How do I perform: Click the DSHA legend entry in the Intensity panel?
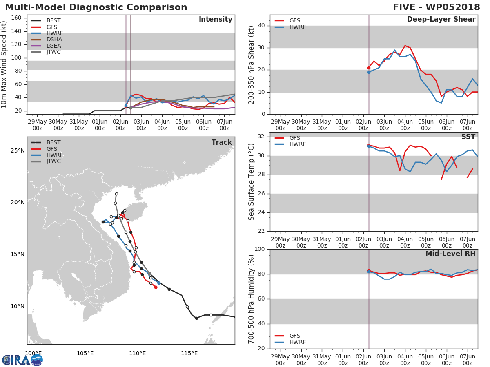pyautogui.click(x=47, y=40)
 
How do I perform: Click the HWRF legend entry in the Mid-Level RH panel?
pyautogui.click(x=290, y=342)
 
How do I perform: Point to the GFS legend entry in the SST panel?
pyautogui.click(x=287, y=138)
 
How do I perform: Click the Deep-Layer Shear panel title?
pyautogui.click(x=441, y=20)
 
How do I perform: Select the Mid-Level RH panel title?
pyautogui.click(x=450, y=254)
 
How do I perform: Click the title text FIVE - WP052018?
pyautogui.click(x=436, y=7)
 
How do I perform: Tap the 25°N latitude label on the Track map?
pyautogui.click(x=18, y=150)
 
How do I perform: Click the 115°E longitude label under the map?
pyautogui.click(x=189, y=353)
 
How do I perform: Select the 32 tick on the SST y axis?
pyautogui.click(x=261, y=136)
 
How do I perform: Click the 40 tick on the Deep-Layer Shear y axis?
pyautogui.click(x=261, y=25)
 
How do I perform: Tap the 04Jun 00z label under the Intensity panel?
pyautogui.click(x=162, y=125)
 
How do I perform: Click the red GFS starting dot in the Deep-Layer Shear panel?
pyautogui.click(x=369, y=68)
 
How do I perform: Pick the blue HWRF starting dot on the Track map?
pyautogui.click(x=159, y=283)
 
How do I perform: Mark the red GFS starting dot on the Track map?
pyautogui.click(x=156, y=287)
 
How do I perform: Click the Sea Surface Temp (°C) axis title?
pyautogui.click(x=251, y=182)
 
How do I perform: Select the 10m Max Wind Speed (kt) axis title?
pyautogui.click(x=4, y=65)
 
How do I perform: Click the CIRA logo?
pyautogui.click(x=22, y=360)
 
